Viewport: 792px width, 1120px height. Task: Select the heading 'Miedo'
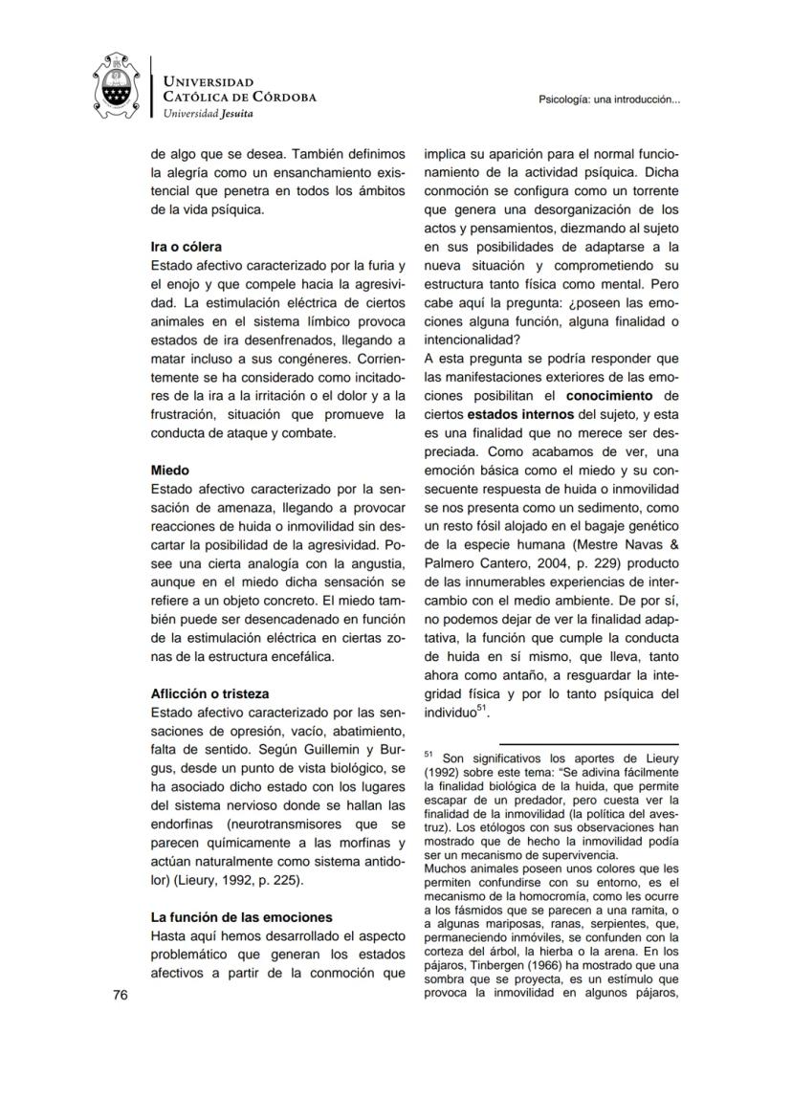point(170,470)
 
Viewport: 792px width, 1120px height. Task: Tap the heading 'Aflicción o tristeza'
point(209,693)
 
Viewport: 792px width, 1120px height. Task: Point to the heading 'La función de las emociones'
point(242,917)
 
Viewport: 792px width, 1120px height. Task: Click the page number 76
point(121,995)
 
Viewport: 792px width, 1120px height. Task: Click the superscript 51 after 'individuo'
point(483,709)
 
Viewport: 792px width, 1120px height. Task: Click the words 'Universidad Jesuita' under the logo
point(209,113)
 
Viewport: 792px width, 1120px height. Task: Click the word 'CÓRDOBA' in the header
point(279,97)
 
